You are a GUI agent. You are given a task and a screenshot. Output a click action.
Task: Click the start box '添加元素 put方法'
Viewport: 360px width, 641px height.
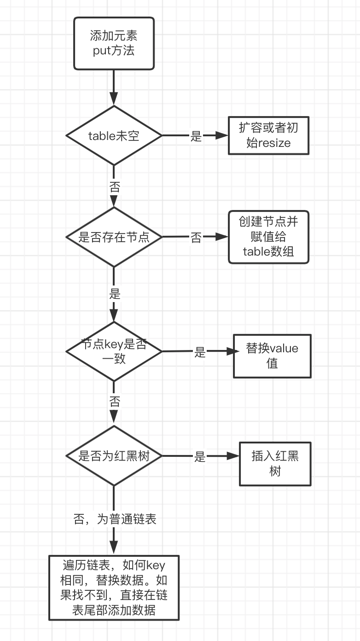(x=114, y=43)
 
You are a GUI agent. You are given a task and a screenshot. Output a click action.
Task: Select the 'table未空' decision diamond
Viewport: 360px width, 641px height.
(x=114, y=136)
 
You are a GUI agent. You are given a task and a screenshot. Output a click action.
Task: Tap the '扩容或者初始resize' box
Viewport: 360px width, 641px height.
(x=268, y=135)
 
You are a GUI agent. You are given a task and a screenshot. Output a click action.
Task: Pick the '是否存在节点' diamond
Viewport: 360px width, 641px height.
(x=114, y=237)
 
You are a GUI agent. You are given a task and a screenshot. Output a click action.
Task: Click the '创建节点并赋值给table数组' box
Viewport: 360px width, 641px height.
(x=268, y=237)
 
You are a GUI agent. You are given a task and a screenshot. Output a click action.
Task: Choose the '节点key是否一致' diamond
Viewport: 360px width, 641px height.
(x=114, y=351)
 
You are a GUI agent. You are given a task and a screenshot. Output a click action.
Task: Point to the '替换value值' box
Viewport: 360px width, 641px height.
(x=272, y=355)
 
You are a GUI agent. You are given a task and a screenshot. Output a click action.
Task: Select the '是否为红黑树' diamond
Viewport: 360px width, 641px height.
(x=114, y=456)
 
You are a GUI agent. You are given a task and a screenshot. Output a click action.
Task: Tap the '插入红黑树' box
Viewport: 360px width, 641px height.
(x=275, y=464)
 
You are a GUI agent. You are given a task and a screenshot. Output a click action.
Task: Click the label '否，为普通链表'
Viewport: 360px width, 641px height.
(x=115, y=519)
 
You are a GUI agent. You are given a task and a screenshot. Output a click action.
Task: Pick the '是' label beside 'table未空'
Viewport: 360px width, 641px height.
(x=196, y=136)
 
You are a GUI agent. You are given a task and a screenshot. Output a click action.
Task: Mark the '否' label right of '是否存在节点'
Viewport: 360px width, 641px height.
(x=196, y=238)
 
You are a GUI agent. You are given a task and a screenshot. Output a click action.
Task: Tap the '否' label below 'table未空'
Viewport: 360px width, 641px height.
(x=114, y=186)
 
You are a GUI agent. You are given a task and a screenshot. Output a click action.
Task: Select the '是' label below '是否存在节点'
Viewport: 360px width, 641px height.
(x=114, y=293)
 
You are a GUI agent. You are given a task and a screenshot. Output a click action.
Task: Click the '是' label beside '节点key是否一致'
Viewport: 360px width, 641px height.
(x=199, y=352)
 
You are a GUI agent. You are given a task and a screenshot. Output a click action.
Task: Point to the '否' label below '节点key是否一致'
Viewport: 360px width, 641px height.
(x=114, y=401)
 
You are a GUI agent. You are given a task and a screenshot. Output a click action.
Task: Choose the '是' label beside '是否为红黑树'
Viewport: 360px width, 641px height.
(x=199, y=457)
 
